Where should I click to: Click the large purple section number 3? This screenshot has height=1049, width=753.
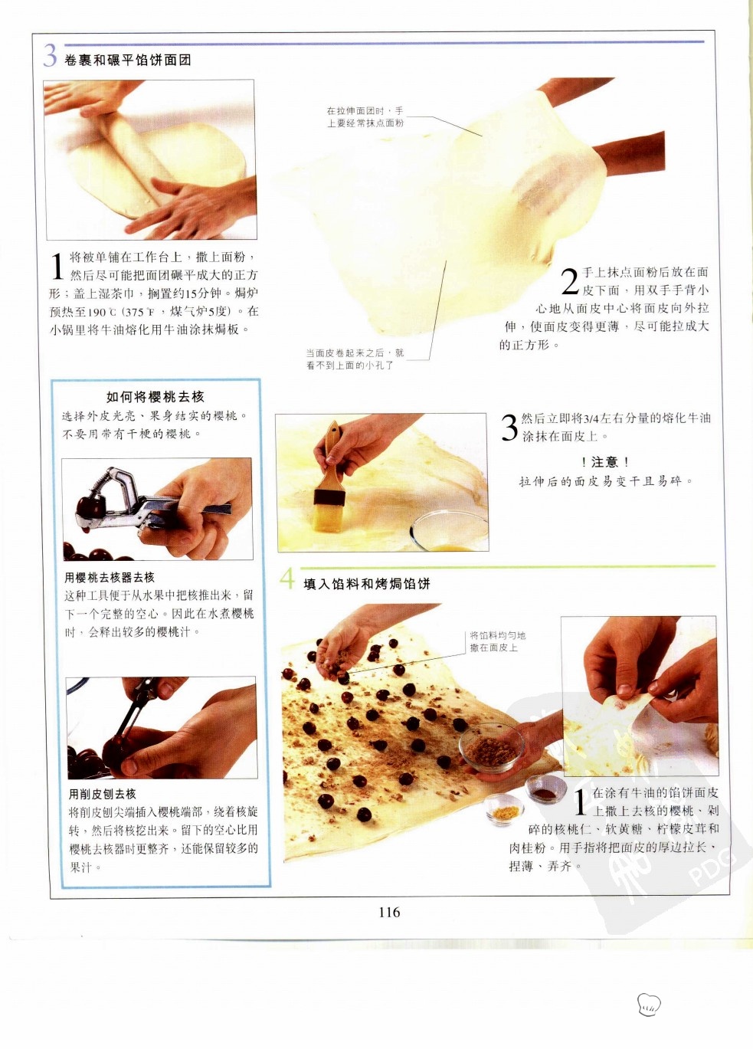coord(50,56)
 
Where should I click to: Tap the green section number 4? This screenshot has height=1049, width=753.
coord(287,579)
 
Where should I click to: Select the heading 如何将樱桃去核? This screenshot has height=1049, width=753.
coord(155,397)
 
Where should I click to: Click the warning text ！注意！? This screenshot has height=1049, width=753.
coord(605,462)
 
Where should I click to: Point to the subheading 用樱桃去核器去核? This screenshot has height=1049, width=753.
coord(110,578)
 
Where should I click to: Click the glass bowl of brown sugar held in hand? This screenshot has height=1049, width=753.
coord(491,746)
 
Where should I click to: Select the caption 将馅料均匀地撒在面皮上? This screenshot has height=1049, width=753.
coord(498,641)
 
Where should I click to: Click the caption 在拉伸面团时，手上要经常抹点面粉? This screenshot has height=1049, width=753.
coord(365,117)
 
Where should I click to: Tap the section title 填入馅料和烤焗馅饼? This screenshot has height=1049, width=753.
coord(367,584)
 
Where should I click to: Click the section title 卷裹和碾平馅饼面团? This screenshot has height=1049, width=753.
coord(128,60)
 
